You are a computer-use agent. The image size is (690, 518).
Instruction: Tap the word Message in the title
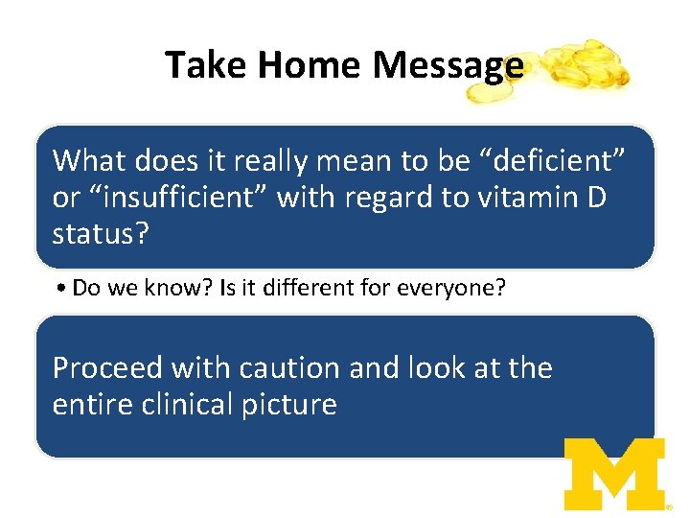(x=448, y=65)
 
